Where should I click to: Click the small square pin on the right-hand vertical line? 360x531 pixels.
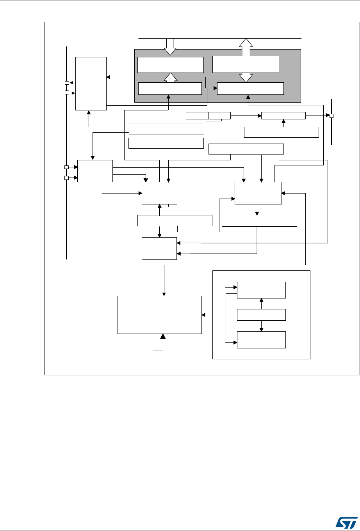pyautogui.click(x=331, y=116)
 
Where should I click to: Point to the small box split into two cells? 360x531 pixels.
pyautogui.click(x=208, y=115)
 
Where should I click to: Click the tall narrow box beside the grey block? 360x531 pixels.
pyautogui.click(x=91, y=83)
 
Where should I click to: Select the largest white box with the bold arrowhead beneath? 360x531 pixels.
pyautogui.click(x=160, y=314)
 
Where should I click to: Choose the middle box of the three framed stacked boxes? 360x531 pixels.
pyautogui.click(x=261, y=314)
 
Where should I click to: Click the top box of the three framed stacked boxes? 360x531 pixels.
pyautogui.click(x=261, y=289)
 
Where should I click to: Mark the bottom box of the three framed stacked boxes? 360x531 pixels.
pyautogui.click(x=261, y=340)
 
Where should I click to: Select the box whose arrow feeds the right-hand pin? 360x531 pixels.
pyautogui.click(x=283, y=115)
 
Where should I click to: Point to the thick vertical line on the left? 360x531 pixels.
pyautogui.click(x=67, y=152)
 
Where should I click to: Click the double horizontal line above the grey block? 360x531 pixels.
pyautogui.click(x=220, y=36)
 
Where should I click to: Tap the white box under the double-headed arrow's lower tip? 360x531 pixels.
pyautogui.click(x=250, y=89)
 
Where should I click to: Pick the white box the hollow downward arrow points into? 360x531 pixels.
pyautogui.click(x=171, y=65)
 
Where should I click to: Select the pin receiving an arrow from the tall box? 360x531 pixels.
pyautogui.click(x=67, y=83)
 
